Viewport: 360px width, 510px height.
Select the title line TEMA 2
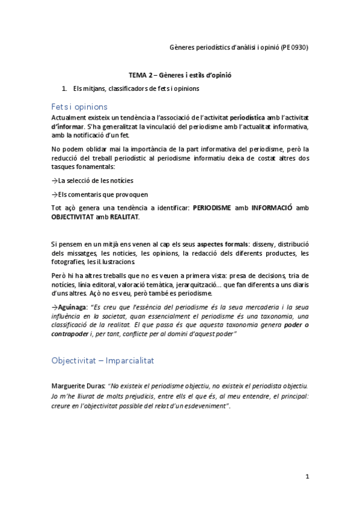[180, 76]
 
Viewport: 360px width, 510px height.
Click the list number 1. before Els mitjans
[73, 88]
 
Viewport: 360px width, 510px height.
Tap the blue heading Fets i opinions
[79, 106]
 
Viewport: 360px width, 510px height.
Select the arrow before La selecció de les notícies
[55, 180]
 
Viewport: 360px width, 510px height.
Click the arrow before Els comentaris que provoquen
[55, 194]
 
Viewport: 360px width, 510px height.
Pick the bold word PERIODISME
[217, 207]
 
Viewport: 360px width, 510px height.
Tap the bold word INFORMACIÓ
[272, 207]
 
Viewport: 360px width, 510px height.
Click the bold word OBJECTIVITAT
[72, 217]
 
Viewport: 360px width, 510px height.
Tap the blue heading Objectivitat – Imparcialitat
[103, 361]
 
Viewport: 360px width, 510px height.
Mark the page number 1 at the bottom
[307, 477]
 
